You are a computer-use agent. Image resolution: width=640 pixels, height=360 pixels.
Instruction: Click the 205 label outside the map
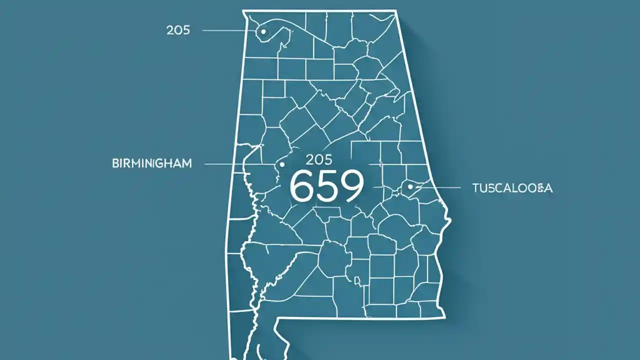pos(178,30)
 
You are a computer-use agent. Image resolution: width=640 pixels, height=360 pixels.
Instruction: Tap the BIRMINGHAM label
pos(152,164)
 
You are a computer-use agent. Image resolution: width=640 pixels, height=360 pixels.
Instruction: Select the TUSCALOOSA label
pos(512,188)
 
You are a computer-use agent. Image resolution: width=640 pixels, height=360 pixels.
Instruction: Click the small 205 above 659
pos(318,160)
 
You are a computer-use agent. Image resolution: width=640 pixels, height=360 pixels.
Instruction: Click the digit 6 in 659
pos(301,186)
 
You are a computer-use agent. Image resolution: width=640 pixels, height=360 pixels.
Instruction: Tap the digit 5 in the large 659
pos(326,186)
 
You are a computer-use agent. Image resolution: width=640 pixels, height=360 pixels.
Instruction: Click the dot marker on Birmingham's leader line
pos(282,164)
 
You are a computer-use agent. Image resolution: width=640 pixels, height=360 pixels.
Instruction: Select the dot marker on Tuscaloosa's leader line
pos(410,187)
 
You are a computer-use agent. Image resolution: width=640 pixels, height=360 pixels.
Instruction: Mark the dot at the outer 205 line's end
pos(263,31)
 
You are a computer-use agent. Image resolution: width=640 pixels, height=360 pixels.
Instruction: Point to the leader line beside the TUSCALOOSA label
pos(440,187)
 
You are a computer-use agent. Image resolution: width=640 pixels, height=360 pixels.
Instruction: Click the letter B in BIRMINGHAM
pos(115,164)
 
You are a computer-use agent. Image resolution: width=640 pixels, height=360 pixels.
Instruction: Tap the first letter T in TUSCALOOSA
pos(475,188)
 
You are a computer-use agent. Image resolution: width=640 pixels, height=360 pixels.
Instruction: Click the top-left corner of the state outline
pos(243,11)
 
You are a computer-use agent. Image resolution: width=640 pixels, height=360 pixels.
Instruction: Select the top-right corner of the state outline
pos(396,11)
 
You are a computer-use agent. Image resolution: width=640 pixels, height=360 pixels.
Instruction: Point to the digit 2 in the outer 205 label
pos(169,30)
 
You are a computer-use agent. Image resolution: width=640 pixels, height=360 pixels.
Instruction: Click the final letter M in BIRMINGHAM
pos(186,164)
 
